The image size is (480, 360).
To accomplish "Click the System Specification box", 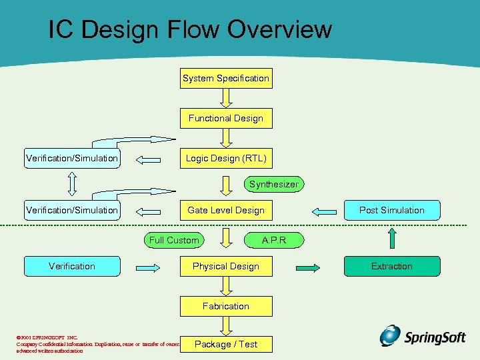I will point(226,79).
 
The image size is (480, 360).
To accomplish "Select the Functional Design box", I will point(226,119).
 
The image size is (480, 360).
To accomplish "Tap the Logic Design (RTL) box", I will point(226,159).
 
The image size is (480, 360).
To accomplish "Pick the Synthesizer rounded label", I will point(273,184).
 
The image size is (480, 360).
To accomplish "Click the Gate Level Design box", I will point(226,211).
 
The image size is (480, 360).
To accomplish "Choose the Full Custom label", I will point(174,240).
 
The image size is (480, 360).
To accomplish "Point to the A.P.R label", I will point(274,240).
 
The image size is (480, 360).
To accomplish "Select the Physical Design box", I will point(226,267).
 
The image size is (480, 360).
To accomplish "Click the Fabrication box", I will point(226,307).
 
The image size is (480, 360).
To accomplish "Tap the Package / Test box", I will point(226,344).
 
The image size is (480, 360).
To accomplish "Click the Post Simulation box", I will point(392,211).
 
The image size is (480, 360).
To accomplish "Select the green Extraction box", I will point(392,267).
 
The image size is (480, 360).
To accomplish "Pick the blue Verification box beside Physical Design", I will point(72,267).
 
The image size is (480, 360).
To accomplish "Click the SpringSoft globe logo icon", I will point(391,335).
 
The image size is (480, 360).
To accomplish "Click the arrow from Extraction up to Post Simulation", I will point(392,239).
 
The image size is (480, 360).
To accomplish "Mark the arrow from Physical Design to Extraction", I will point(309,267).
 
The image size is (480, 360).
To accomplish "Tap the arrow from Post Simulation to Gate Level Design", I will point(325,211).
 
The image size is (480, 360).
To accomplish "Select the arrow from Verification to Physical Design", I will point(149,267).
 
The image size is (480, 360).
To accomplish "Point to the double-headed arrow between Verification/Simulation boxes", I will point(72,185).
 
